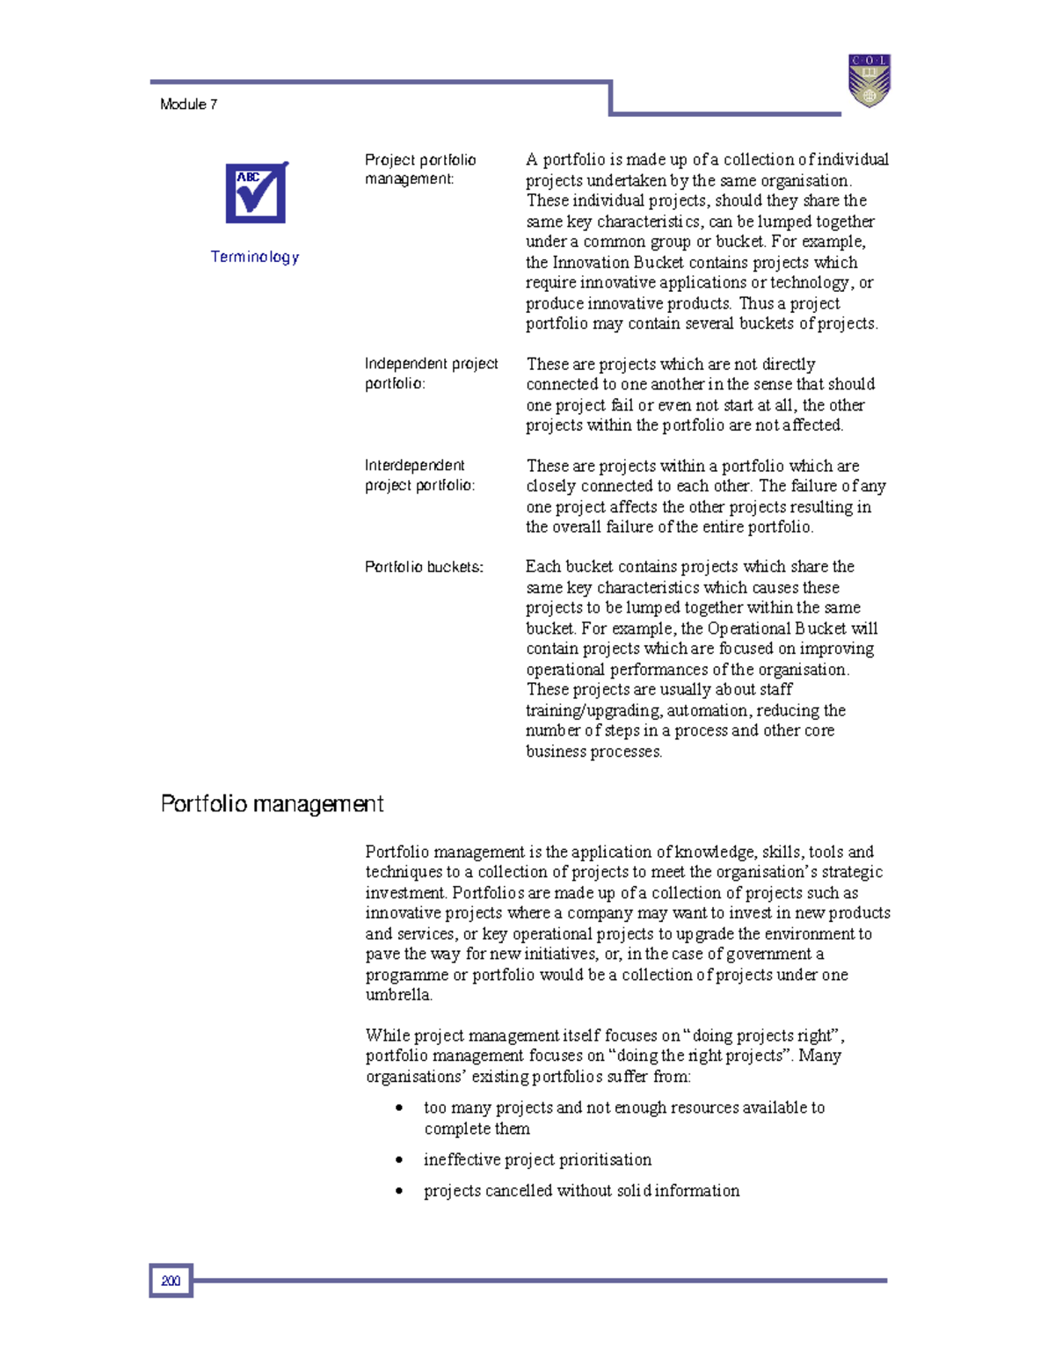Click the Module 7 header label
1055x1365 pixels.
(188, 105)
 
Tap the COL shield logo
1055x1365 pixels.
(869, 80)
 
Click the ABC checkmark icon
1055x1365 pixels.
(256, 192)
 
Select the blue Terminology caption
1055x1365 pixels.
(255, 257)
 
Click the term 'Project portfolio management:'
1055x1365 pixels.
(420, 170)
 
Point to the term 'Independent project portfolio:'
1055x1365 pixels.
(431, 374)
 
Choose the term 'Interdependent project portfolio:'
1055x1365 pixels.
(419, 476)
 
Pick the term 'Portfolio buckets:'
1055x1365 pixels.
(424, 567)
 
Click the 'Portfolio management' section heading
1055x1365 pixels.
(272, 804)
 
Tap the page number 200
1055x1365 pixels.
(171, 1281)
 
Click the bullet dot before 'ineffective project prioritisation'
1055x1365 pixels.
(399, 1160)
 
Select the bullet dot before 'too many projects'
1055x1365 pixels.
(399, 1108)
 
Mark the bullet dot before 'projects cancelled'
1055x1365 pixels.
(399, 1191)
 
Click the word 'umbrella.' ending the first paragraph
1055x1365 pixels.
(399, 995)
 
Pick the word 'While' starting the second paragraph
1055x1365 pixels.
(387, 1035)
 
